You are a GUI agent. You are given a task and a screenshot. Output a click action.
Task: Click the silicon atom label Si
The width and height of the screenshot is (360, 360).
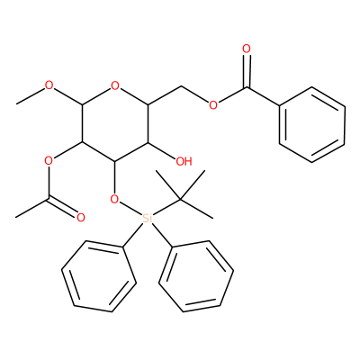[x=148, y=218]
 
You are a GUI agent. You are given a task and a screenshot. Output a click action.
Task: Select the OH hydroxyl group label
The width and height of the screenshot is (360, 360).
[x=184, y=162]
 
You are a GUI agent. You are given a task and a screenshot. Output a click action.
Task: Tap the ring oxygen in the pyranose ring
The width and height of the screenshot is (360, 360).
[x=114, y=86]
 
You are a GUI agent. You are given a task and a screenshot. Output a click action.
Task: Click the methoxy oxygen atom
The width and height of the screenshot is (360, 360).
[x=49, y=86]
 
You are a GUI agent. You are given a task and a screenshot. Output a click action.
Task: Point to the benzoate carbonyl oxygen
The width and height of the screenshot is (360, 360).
[x=247, y=49]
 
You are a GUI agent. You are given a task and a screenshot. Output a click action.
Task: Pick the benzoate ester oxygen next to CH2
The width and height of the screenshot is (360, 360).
[x=213, y=105]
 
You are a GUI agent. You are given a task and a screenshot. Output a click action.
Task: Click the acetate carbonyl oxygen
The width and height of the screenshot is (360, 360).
[x=81, y=218]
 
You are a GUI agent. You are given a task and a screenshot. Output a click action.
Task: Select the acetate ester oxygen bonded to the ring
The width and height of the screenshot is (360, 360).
[x=49, y=161]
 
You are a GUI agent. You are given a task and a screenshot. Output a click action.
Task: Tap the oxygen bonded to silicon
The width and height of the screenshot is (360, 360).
[x=114, y=199]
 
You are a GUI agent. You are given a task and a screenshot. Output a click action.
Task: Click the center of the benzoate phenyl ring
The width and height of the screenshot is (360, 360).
[x=312, y=124]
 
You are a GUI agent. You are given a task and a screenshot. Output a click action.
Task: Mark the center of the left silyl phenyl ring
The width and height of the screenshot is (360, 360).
[x=99, y=276]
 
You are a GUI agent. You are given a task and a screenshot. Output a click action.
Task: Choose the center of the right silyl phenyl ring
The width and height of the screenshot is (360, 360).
[x=196, y=276]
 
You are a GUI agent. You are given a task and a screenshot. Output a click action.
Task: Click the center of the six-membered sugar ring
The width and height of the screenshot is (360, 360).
[x=114, y=123]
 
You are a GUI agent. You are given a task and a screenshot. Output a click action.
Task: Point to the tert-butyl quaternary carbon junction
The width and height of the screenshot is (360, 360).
[x=181, y=199]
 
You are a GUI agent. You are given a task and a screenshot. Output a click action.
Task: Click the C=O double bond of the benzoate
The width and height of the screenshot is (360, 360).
[x=247, y=71]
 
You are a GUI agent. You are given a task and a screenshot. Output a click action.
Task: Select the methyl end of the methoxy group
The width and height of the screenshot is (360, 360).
[x=17, y=104]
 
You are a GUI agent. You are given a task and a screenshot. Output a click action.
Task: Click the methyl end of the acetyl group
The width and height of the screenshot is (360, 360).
[x=15, y=217]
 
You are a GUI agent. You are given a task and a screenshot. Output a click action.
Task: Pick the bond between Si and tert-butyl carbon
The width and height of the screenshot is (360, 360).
[x=166, y=207]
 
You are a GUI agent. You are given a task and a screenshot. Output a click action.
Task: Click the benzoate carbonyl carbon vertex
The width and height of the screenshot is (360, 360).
[x=247, y=87]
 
